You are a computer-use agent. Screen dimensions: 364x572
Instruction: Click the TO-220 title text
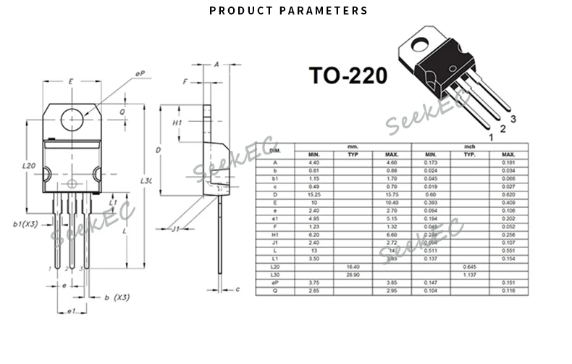point(348,76)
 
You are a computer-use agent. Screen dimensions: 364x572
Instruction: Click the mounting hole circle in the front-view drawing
point(71,118)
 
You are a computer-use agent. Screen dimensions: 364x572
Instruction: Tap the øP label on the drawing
point(140,73)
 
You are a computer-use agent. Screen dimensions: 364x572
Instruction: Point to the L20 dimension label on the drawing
point(29,166)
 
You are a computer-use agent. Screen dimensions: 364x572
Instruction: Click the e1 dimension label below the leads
point(70,312)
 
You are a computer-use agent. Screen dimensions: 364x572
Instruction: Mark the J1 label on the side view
point(175,230)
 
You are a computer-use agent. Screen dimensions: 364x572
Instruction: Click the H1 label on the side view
point(177,123)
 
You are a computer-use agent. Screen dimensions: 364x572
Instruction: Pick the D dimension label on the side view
point(159,149)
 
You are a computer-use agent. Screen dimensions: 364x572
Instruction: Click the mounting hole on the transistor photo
point(419,46)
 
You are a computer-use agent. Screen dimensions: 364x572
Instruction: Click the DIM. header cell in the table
point(274,150)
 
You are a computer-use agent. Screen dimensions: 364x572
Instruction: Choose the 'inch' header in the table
point(468,146)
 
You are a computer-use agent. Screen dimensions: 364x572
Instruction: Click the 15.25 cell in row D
point(314,194)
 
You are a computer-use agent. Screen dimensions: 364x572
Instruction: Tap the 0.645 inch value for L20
point(469,267)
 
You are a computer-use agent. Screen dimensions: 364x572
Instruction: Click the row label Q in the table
point(274,290)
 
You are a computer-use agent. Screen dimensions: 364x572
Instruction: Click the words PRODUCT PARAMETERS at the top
point(288,11)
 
